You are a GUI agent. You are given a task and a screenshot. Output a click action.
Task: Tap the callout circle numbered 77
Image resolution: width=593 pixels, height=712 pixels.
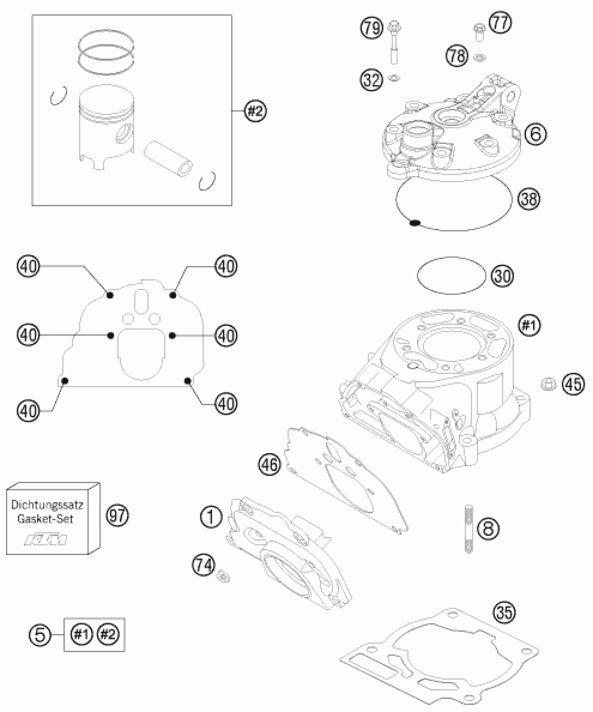point(501,23)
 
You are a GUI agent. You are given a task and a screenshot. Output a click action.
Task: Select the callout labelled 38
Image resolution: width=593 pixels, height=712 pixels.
point(529,199)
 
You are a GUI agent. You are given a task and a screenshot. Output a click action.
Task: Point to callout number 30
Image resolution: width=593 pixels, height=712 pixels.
point(503,276)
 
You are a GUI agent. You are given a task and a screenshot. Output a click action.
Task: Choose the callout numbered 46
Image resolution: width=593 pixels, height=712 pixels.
point(270,465)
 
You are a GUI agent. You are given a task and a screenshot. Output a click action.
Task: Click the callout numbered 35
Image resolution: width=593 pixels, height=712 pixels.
point(504,612)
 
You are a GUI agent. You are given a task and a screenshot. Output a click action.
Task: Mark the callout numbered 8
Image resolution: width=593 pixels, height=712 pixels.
point(488,528)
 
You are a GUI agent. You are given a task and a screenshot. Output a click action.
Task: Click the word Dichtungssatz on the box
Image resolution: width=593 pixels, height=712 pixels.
point(47,505)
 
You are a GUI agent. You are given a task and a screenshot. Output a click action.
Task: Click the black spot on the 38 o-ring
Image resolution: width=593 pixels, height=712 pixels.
point(414,222)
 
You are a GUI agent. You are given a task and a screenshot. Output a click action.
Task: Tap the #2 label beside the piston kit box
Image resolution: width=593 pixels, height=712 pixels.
point(256,111)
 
